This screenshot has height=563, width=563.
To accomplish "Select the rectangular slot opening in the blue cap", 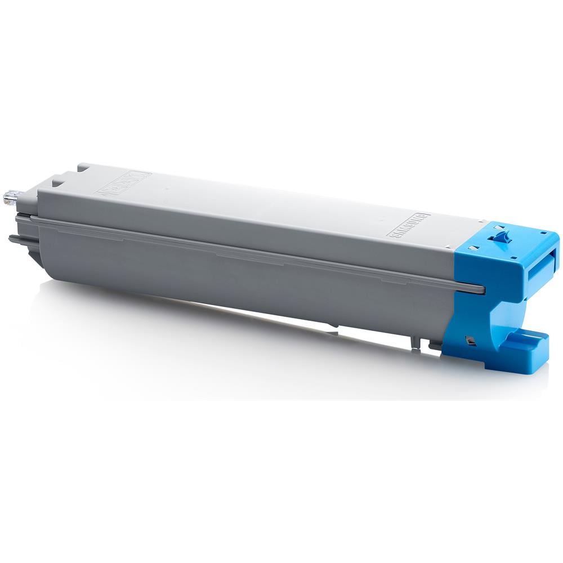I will (540, 264).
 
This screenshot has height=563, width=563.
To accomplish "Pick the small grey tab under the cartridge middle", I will (333, 325).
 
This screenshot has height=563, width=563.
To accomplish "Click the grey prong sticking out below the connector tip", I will (17, 239).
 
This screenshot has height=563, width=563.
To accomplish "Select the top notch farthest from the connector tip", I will (83, 167).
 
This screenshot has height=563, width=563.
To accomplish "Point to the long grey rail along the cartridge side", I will (253, 253).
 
